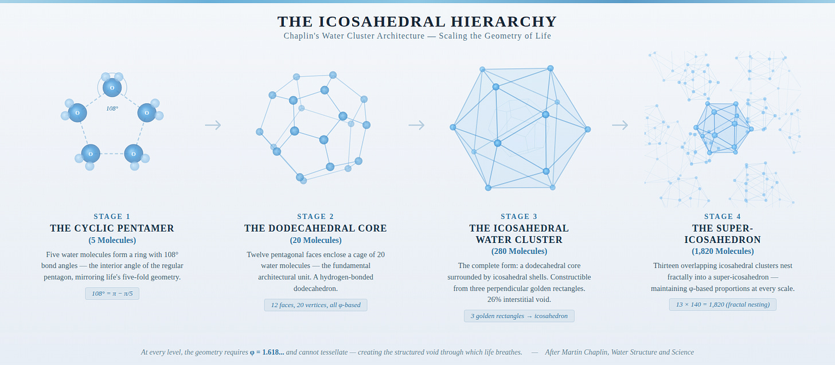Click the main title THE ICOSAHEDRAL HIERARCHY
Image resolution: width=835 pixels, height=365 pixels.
(417, 22)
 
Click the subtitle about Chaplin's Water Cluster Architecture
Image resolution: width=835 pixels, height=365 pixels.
(417, 36)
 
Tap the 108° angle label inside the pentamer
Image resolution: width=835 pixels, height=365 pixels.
(112, 108)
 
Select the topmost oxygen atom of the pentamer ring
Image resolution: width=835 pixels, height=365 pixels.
(112, 88)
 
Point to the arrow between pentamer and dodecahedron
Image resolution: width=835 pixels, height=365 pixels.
(213, 125)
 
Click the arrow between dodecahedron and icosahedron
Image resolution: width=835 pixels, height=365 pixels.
(416, 125)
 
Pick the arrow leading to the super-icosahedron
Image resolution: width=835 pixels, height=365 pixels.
(620, 125)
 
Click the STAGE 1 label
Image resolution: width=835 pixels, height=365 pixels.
(112, 217)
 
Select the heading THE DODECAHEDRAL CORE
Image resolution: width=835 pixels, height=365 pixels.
(315, 228)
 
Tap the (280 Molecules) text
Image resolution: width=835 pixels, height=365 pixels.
(519, 251)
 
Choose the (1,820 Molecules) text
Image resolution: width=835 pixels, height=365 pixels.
(723, 251)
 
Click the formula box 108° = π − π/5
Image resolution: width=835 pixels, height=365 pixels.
(112, 293)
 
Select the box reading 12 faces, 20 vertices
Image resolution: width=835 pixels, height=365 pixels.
(315, 305)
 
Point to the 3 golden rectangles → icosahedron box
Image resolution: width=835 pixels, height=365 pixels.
(519, 316)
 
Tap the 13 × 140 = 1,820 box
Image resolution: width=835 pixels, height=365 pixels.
(723, 304)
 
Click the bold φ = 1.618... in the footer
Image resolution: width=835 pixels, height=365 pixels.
(267, 352)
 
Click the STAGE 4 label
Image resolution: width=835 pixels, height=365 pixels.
(723, 217)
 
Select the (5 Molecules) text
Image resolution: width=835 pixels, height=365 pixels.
(112, 240)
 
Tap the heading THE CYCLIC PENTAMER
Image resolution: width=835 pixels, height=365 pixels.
(112, 228)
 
